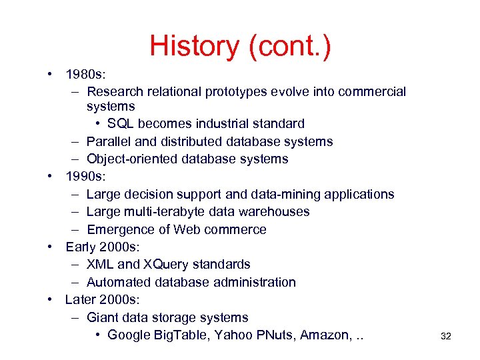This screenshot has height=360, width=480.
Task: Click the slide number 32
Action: point(446,337)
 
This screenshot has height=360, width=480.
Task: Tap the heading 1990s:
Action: point(85,177)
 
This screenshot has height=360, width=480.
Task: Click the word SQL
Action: point(121,123)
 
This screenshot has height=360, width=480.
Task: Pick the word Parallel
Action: point(109,141)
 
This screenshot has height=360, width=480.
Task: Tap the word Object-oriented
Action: point(128,159)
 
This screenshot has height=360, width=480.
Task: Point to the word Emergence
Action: point(121,229)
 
